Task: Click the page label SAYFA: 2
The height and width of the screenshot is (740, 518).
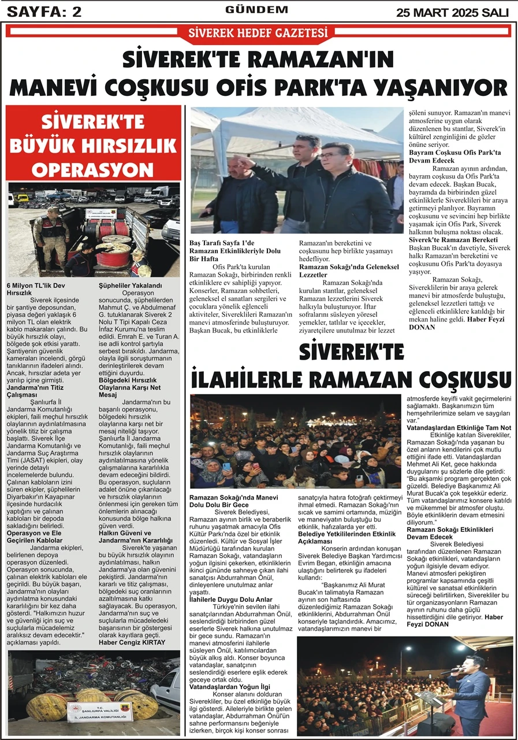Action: [44, 11]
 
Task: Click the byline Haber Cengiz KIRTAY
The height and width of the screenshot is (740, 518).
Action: [132, 642]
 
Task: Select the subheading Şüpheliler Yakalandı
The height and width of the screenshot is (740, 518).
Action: [130, 286]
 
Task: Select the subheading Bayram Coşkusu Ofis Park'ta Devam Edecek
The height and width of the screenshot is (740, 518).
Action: [455, 157]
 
